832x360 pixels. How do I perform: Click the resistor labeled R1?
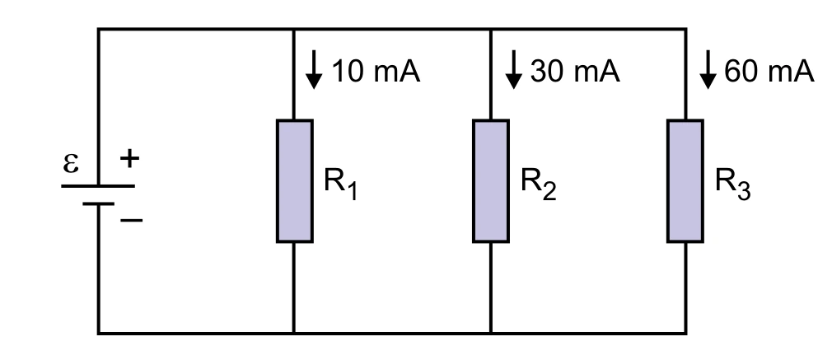pos(294,181)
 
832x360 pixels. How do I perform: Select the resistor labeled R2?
pos(491,181)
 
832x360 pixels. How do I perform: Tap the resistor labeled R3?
pos(685,181)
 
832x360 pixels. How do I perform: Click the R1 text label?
pos(341,184)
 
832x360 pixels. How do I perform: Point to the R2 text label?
pos(538,184)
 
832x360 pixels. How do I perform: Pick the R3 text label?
pos(733,184)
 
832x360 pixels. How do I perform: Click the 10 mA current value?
pos(376,71)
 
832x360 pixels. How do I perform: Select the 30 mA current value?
pos(575,71)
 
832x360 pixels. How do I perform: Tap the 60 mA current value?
pos(769,71)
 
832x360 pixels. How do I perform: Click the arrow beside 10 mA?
pos(314,69)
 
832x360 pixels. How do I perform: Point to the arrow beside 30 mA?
pos(513,69)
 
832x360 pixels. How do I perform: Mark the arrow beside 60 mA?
pos(708,69)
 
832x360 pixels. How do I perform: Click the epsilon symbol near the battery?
pos(71,163)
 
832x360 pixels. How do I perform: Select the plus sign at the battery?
pos(129,159)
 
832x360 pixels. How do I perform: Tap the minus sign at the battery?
pos(132,220)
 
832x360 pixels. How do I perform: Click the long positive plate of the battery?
pos(98,186)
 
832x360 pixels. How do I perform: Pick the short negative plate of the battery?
pos(98,204)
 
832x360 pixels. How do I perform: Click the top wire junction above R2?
pos(491,29)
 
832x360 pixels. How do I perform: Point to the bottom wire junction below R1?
pos(294,333)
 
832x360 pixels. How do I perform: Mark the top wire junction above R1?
pos(294,29)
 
